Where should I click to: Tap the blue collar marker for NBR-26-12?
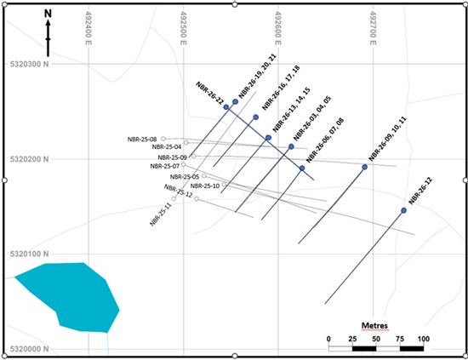403,210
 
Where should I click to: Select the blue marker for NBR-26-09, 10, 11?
364,167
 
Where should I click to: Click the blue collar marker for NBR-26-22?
226,107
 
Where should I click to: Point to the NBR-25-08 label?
142,140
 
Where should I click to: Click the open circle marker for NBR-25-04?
186,143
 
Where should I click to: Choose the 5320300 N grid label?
29,64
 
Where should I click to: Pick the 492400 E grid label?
88,28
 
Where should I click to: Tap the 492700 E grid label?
373,28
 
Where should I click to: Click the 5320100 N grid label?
29,254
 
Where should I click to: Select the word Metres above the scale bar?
374,325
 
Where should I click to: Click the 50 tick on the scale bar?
376,339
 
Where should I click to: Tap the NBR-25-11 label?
161,214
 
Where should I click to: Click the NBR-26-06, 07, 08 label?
325,140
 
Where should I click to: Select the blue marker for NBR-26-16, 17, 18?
256,117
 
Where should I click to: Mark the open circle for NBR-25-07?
183,164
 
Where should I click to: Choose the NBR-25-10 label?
205,186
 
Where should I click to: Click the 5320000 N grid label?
29,349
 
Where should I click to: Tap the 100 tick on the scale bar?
424,339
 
